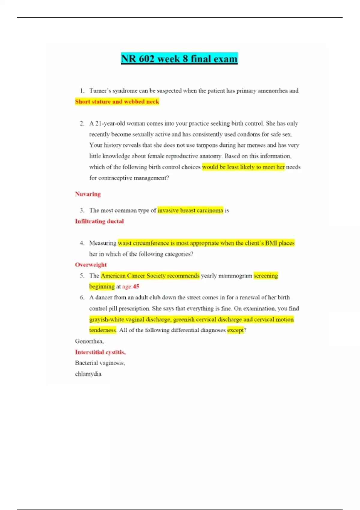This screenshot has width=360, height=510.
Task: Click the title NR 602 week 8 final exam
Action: point(179,58)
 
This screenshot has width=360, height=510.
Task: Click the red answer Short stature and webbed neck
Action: point(117,102)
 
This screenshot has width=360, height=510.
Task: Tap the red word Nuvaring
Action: point(88,194)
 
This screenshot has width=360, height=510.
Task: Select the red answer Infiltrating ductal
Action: point(99,221)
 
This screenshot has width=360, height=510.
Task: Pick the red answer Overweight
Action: point(91,265)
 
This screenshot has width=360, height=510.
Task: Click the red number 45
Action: point(136,286)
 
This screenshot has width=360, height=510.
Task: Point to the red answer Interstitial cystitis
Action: point(100,352)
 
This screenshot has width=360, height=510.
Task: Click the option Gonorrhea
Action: point(89,341)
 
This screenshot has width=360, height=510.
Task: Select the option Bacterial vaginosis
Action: point(100,363)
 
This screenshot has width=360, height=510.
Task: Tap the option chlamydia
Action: point(88,374)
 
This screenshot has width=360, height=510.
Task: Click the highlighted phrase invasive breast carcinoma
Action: point(190,211)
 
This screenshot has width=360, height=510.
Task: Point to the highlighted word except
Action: point(235,330)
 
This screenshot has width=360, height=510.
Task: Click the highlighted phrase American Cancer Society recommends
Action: point(150,276)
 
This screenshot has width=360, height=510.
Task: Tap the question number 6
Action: point(82,298)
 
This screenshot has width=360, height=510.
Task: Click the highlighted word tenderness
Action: point(103,330)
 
